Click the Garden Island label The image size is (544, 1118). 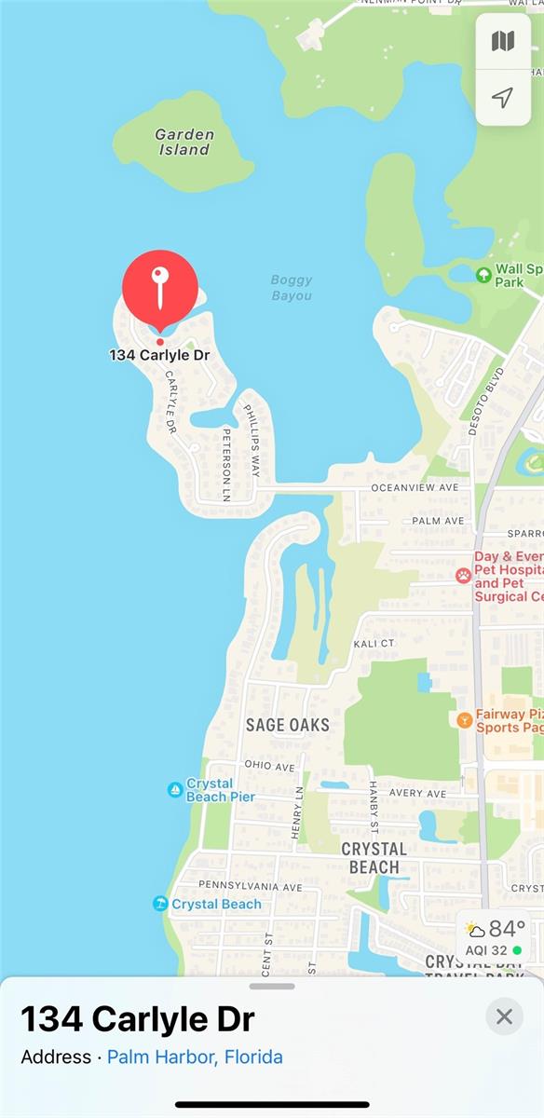tap(184, 142)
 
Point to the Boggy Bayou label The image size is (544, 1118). tap(292, 287)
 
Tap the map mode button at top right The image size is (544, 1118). tap(503, 41)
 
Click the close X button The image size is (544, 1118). tap(504, 1016)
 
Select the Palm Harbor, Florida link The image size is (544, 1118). tap(195, 1057)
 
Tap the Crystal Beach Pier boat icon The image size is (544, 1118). tap(174, 790)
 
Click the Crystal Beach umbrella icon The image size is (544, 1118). tap(159, 904)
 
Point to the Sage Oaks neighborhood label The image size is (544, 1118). tap(288, 724)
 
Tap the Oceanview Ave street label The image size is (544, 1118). tap(415, 487)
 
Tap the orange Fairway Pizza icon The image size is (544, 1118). tap(464, 719)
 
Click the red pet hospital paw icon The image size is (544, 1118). tap(463, 576)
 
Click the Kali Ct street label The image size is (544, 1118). tap(374, 644)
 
